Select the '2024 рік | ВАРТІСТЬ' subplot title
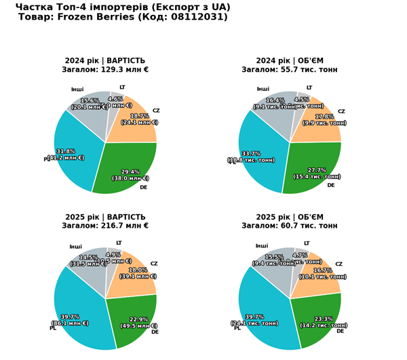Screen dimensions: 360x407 point(105,60)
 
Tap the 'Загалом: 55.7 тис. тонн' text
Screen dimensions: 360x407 point(290,70)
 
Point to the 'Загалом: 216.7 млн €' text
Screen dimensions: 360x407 point(105,226)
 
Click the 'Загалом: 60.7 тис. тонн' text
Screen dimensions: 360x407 point(290,226)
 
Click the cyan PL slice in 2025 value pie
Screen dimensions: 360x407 point(81,298)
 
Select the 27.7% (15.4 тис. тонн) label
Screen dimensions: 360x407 point(317,174)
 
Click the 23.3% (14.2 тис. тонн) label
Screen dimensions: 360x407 point(324,322)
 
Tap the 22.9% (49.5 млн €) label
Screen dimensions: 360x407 point(138,322)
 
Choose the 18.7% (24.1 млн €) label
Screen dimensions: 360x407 point(140,119)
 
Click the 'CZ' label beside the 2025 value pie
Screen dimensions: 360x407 point(154,264)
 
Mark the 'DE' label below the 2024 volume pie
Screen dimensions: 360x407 point(331,185)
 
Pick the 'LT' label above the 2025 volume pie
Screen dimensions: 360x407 point(307,243)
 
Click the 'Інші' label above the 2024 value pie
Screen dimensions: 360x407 point(77,89)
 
